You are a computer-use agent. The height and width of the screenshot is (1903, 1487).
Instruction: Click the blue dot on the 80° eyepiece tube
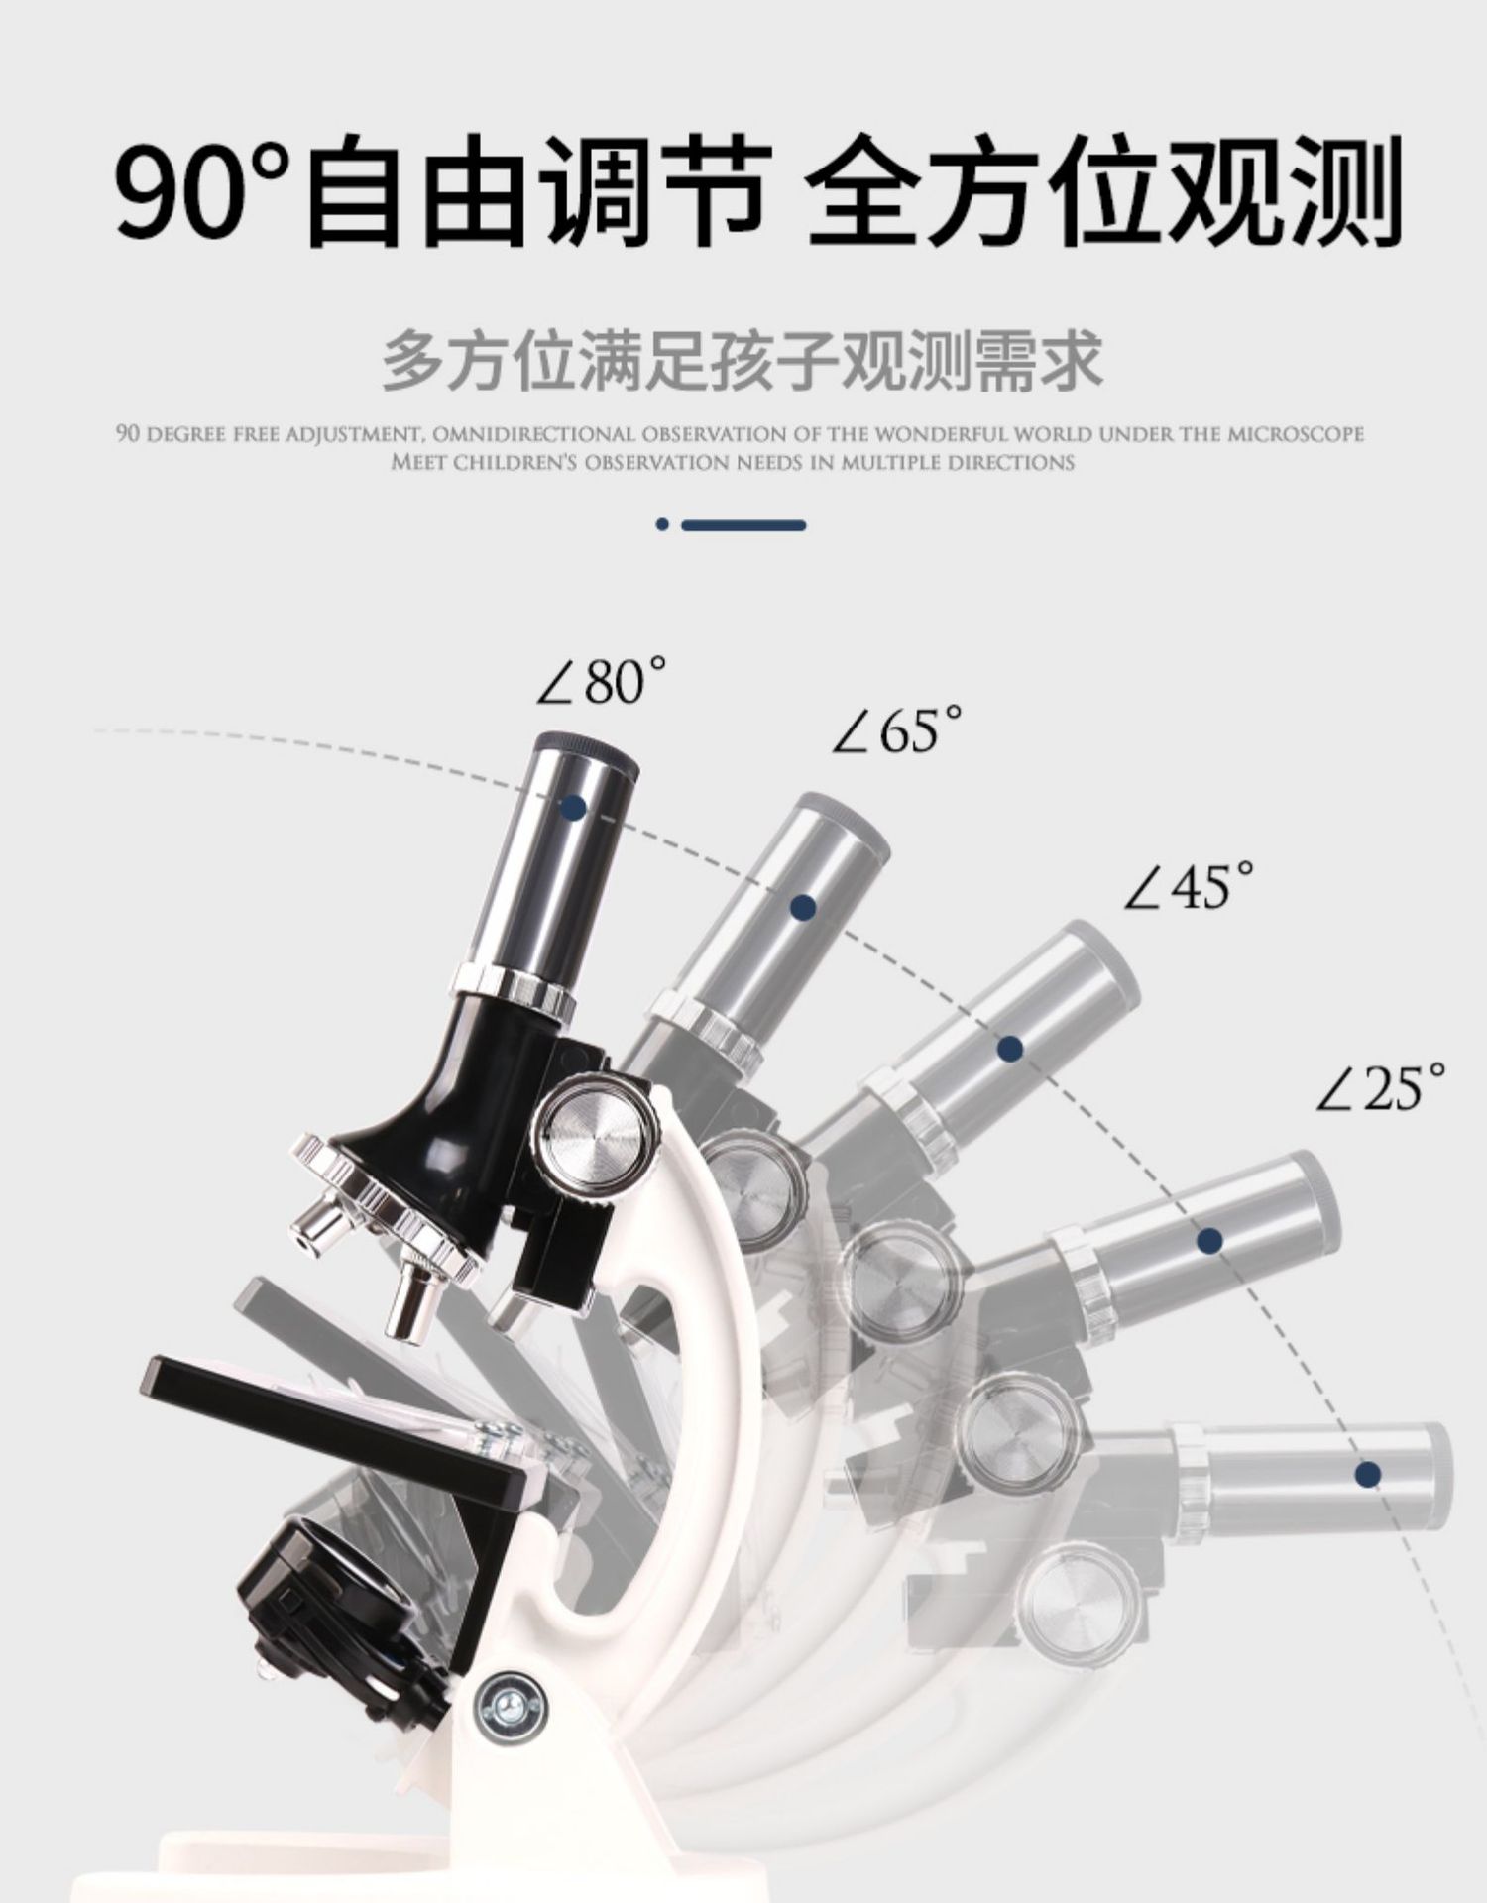[572, 806]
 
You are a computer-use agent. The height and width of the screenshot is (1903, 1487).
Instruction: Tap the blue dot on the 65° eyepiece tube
[804, 907]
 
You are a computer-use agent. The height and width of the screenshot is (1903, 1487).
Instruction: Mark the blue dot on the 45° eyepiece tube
[1010, 1048]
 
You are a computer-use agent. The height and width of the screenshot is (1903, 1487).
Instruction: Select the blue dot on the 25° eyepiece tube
[1208, 1240]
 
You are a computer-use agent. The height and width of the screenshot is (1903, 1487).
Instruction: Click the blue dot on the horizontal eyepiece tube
[1368, 1474]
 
